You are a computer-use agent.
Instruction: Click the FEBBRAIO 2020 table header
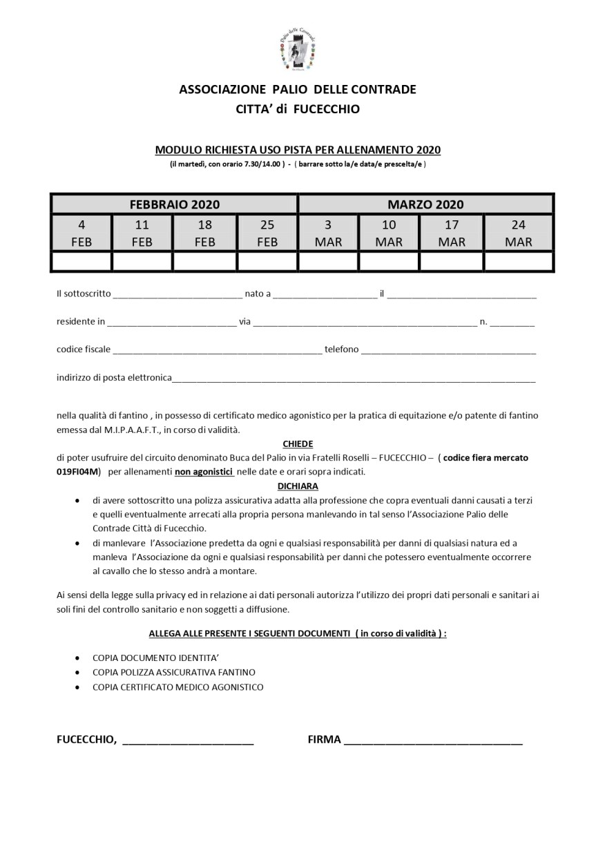174,204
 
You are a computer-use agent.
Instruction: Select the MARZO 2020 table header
425,204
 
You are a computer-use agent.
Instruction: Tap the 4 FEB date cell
81,233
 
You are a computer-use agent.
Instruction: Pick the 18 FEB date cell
205,233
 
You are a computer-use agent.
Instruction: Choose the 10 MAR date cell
389,233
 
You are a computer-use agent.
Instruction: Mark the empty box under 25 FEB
267,261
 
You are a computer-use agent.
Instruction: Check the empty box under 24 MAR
518,261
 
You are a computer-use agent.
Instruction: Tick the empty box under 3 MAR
328,261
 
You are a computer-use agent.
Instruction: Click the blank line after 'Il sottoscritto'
177,295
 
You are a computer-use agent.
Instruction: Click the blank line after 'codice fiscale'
218,350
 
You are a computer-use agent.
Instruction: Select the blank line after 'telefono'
448,350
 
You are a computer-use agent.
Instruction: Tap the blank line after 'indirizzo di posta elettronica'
354,379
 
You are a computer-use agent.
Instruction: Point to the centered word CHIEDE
298,444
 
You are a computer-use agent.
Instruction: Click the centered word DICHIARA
298,486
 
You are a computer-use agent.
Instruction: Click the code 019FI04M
78,472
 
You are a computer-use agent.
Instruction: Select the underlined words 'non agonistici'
204,472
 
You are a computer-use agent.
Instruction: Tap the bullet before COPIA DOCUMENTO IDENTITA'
76,657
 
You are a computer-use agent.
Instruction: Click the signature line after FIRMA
433,740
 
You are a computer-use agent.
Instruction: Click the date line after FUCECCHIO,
188,740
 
